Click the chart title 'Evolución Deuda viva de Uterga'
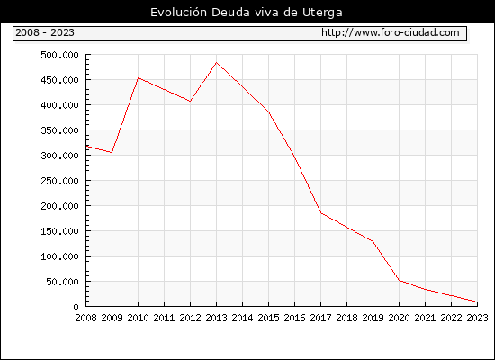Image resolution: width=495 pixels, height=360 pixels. click(x=247, y=13)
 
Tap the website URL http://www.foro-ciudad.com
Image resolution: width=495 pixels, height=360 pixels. click(x=391, y=32)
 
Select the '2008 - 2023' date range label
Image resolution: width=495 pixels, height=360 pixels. click(x=45, y=32)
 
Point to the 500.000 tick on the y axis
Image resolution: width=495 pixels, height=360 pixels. click(x=59, y=55)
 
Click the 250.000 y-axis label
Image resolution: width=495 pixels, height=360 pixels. click(x=59, y=181)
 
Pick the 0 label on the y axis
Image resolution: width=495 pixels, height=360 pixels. click(x=76, y=307)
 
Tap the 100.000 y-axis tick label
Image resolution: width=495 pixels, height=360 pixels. click(x=59, y=256)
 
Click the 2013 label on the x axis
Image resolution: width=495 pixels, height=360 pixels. click(x=216, y=318)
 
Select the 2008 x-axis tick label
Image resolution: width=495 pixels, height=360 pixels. click(x=85, y=318)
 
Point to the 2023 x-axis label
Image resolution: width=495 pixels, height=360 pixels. click(x=477, y=318)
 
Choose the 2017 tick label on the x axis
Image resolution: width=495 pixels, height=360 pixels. click(x=320, y=318)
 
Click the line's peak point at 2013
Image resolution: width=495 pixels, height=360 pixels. click(x=216, y=62)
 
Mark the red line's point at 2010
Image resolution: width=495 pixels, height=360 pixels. click(x=139, y=77)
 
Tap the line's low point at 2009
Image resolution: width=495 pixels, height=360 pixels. click(x=112, y=153)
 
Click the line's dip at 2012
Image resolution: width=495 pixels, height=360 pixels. click(x=190, y=102)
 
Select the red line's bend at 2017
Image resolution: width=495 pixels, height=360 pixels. click(x=321, y=213)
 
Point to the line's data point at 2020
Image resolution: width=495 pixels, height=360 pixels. click(x=400, y=280)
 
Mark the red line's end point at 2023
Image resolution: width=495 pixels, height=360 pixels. click(x=477, y=301)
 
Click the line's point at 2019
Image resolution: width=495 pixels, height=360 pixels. click(x=373, y=241)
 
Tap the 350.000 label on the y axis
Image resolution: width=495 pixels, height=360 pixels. click(x=59, y=130)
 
